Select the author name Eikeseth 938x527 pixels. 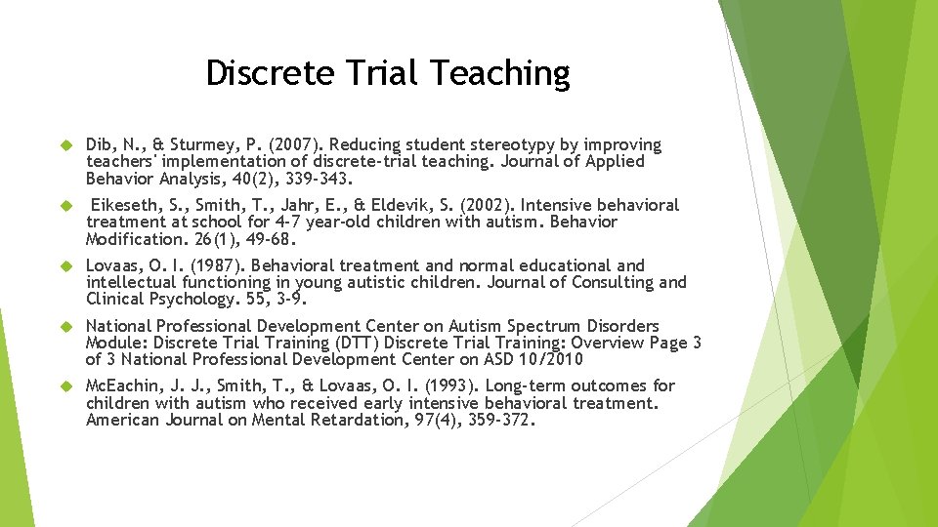click(128, 205)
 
